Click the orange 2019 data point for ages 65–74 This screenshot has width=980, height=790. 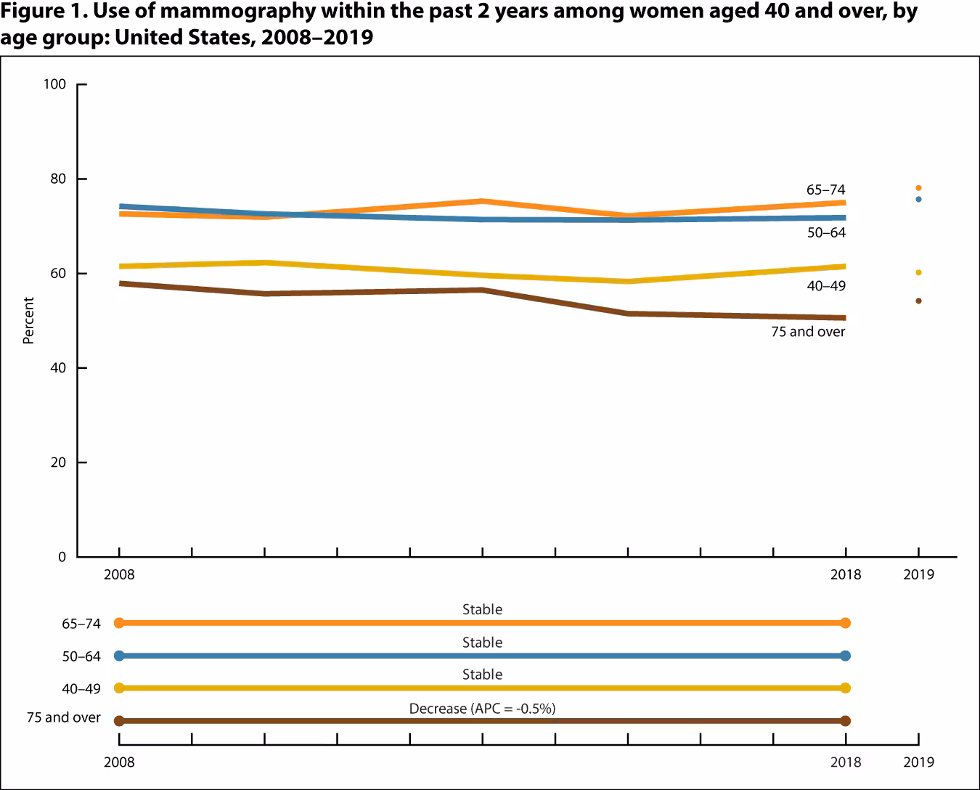[918, 188]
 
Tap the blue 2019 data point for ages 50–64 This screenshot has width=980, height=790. [918, 199]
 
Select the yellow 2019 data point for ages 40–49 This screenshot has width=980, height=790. [918, 272]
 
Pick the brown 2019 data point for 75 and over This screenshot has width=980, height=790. [918, 301]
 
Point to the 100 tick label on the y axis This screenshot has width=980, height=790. [54, 84]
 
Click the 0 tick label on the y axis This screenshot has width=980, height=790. [62, 557]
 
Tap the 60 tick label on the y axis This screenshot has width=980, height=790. [58, 274]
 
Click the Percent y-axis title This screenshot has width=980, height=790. [28, 320]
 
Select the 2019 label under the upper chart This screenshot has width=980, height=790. [918, 574]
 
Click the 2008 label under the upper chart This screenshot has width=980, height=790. [119, 574]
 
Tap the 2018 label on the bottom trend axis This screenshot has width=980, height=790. [846, 762]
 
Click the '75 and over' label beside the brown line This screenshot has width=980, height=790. [808, 332]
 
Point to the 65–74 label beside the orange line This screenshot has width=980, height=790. [825, 190]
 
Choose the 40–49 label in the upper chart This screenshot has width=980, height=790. [825, 286]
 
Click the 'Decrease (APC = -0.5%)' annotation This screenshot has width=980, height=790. [482, 708]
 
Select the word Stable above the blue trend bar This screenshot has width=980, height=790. [482, 643]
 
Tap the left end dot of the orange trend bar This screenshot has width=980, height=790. [119, 622]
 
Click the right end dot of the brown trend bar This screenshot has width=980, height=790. [845, 721]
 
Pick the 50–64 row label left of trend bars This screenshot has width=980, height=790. [81, 656]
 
